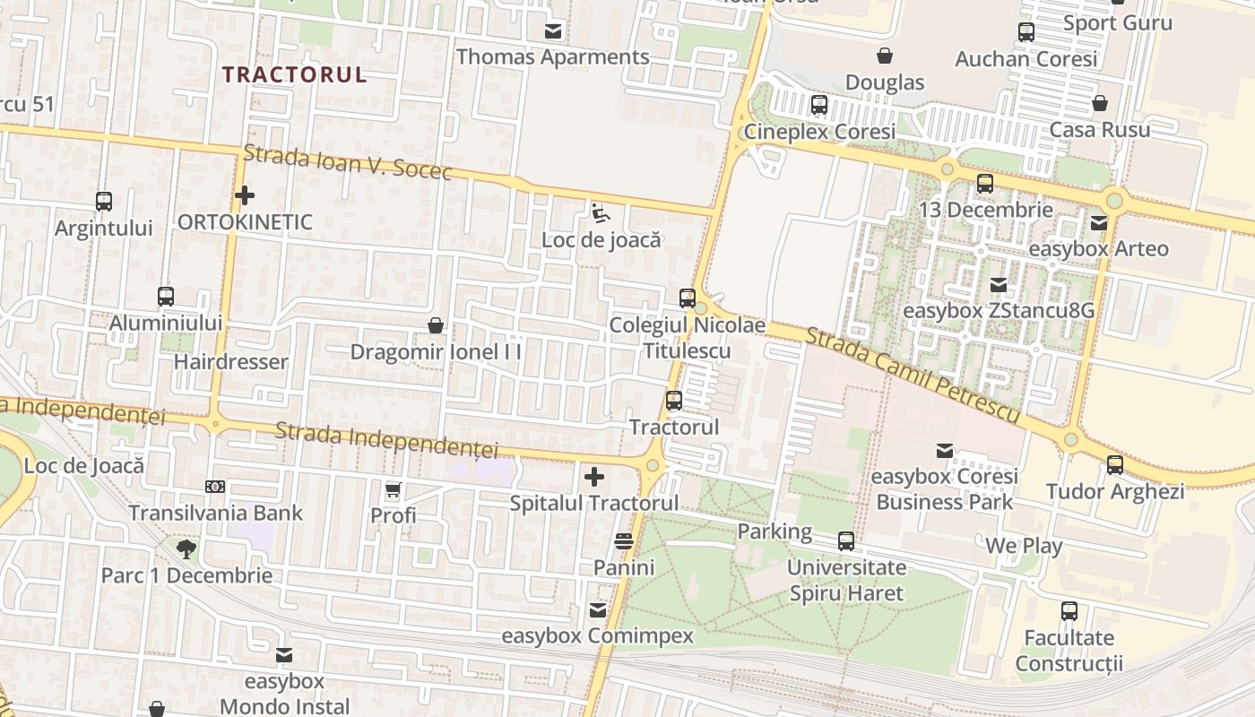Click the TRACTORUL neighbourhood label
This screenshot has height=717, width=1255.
tap(295, 74)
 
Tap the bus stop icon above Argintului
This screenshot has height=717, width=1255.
tap(104, 202)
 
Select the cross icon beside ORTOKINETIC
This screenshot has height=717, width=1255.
tap(244, 194)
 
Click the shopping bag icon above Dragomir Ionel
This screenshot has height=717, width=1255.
tap(436, 324)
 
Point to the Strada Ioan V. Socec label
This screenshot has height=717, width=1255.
tap(348, 161)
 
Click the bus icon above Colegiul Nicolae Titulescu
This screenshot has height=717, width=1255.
tap(688, 298)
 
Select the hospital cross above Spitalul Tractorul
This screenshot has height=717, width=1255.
tap(593, 477)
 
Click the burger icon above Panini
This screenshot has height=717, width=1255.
tap(624, 541)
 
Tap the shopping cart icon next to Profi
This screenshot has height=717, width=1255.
tap(393, 489)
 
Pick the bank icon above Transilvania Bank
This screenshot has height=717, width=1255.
tap(215, 487)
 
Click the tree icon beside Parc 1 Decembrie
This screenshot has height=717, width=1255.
tap(186, 549)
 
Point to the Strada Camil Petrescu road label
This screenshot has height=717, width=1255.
tap(913, 375)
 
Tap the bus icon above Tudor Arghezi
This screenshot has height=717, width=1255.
tap(1115, 465)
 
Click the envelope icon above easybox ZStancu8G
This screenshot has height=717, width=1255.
tap(998, 285)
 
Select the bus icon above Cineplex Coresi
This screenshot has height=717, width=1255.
tap(819, 105)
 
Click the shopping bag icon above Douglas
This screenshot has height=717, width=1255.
tap(885, 56)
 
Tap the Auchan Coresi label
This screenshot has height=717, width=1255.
tap(1026, 59)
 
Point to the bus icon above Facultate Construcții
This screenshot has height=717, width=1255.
tap(1069, 611)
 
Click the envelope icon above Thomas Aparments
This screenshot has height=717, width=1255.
tap(553, 31)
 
